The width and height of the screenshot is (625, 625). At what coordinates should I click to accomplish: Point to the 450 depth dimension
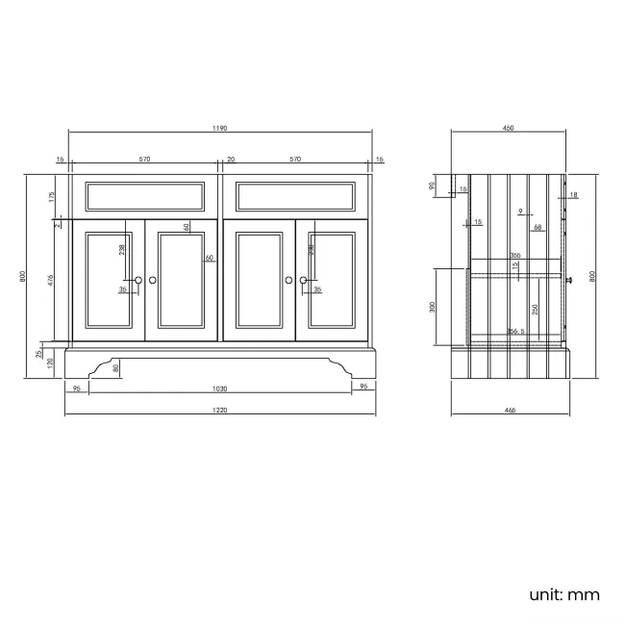[x=509, y=129]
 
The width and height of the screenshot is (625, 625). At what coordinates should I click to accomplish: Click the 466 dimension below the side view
[x=510, y=411]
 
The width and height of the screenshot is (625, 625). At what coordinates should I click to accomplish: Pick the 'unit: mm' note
[x=564, y=593]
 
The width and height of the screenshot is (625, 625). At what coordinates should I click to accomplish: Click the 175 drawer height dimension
[x=50, y=196]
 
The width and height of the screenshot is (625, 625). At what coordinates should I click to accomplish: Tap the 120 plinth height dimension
[x=50, y=362]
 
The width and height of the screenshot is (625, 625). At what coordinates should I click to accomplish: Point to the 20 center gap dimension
[x=231, y=160]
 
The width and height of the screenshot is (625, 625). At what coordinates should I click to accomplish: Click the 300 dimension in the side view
[x=434, y=306]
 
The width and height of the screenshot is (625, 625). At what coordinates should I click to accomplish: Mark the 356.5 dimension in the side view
[x=516, y=332]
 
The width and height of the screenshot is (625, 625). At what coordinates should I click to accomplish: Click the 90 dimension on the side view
[x=433, y=187]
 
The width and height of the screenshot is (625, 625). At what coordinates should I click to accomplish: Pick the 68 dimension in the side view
[x=538, y=227]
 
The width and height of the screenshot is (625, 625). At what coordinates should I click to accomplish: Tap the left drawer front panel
[x=145, y=196]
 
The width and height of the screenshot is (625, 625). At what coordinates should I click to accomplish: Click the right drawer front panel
[x=296, y=196]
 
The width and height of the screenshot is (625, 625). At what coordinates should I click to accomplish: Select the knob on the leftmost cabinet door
[x=138, y=280]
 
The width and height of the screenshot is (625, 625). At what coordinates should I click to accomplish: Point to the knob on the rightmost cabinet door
[x=303, y=280]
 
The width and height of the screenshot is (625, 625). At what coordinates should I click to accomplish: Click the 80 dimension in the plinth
[x=117, y=366]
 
